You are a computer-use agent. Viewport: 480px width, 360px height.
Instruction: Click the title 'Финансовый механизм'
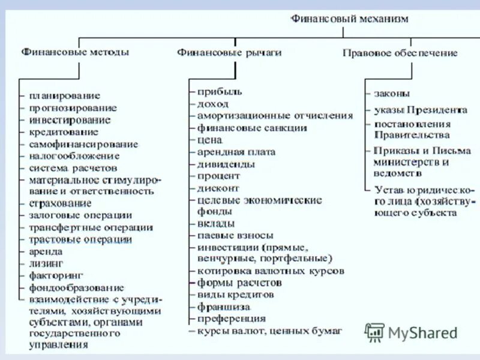point(349,19)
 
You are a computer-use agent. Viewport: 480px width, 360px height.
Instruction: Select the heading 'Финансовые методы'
point(75,52)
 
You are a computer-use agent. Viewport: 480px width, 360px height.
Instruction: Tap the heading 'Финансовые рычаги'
point(229,53)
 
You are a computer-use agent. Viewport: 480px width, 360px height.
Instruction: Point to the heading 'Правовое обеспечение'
point(400,53)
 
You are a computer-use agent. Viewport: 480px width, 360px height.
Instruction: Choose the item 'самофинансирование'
point(83,144)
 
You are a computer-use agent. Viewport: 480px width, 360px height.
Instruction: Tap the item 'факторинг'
point(54,275)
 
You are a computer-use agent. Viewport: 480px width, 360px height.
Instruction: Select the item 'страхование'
point(59,203)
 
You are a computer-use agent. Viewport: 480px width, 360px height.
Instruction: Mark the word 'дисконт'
point(218,188)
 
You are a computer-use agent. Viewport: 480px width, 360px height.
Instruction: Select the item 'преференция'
point(231,319)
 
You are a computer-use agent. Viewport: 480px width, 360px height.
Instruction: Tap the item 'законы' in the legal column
point(392,94)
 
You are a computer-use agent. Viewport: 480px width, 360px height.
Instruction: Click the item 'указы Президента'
point(420,110)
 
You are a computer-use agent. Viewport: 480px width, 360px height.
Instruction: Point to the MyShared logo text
point(422,332)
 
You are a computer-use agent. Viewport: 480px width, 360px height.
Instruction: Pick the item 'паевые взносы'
point(235,235)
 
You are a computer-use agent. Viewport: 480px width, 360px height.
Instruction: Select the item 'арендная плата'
point(236,152)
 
